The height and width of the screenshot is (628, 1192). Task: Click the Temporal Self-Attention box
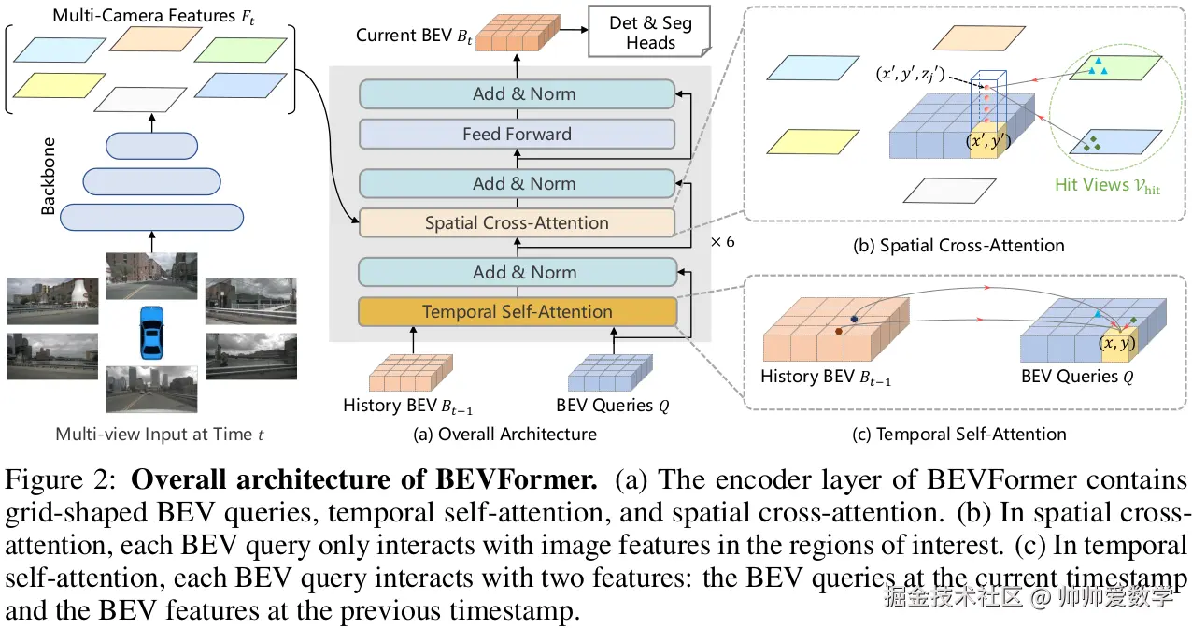517,312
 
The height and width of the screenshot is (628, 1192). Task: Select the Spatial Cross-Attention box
517,223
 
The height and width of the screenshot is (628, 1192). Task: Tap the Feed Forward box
517,135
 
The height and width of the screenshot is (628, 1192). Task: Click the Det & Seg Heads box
650,33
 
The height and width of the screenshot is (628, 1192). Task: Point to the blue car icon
149,332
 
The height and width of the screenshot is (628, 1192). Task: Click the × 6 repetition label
722,241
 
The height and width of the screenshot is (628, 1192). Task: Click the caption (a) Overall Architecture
504,434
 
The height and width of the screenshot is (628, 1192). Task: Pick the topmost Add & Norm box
517,94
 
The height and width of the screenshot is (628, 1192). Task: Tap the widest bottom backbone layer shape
151,217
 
